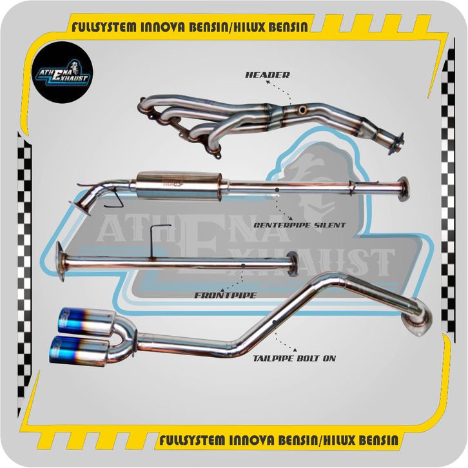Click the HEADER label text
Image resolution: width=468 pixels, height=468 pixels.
[268, 75]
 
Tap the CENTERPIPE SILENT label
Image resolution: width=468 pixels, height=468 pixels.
[300, 225]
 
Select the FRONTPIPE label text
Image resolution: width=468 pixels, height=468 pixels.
[226, 295]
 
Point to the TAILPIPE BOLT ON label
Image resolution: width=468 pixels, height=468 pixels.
[295, 358]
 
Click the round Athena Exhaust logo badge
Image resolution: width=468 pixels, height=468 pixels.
[63, 73]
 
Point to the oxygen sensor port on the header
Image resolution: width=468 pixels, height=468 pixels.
[302, 110]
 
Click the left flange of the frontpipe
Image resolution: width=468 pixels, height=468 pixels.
[61, 261]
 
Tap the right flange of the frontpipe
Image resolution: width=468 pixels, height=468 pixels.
[293, 262]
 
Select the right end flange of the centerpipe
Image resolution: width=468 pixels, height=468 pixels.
[404, 189]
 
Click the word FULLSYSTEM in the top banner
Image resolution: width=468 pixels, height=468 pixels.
[104, 27]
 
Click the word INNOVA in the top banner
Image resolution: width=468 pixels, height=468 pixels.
[163, 27]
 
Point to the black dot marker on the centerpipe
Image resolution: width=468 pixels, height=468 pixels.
[277, 190]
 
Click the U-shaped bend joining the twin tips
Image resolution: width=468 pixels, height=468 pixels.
[125, 336]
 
